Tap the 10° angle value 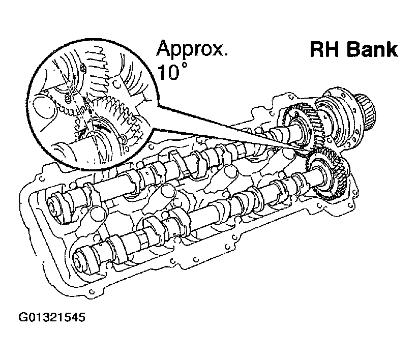coord(170,72)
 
